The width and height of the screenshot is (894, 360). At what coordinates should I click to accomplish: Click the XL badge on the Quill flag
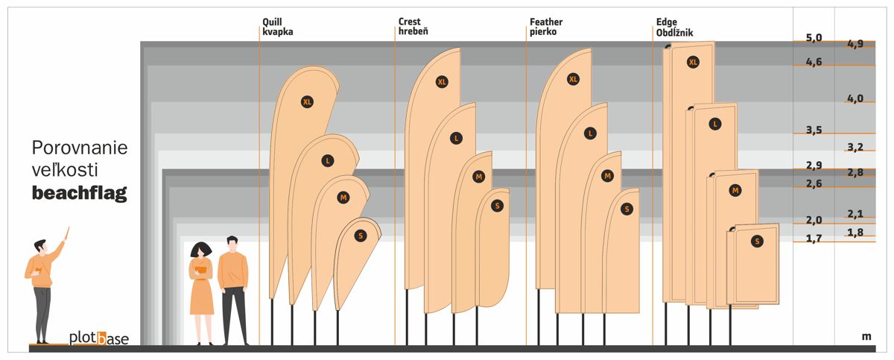pos(307,102)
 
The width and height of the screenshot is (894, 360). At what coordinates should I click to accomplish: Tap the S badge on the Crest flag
pos(498,206)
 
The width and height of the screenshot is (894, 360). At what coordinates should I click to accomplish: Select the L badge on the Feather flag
pos(590,133)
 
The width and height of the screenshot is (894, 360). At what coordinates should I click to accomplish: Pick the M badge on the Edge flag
pos(735,190)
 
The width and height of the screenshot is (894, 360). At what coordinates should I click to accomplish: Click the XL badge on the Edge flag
pos(694,62)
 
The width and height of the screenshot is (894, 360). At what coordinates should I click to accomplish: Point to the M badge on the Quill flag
pos(343,198)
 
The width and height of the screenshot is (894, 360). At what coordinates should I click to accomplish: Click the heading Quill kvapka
pos(277,27)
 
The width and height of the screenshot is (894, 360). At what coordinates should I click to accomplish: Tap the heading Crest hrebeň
pos(413,26)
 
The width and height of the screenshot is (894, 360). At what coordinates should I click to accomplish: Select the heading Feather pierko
pos(546,27)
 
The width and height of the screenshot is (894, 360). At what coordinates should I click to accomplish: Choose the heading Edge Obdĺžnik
pos(674,27)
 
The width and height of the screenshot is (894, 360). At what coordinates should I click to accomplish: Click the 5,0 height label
pos(814,37)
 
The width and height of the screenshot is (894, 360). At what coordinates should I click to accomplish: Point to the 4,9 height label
pos(855,43)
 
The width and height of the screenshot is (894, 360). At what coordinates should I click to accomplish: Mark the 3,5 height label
pos(814,130)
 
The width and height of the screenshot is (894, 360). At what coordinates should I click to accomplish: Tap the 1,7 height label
pos(814,239)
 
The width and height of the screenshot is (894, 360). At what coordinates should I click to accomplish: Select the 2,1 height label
pos(855,214)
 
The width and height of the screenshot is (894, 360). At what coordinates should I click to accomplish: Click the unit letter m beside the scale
pos(866,336)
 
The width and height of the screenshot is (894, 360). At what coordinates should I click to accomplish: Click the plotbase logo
pos(99,338)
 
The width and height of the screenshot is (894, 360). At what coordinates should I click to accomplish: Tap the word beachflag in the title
pos(80,193)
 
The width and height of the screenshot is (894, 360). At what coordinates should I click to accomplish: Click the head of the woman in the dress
pos(200,250)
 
